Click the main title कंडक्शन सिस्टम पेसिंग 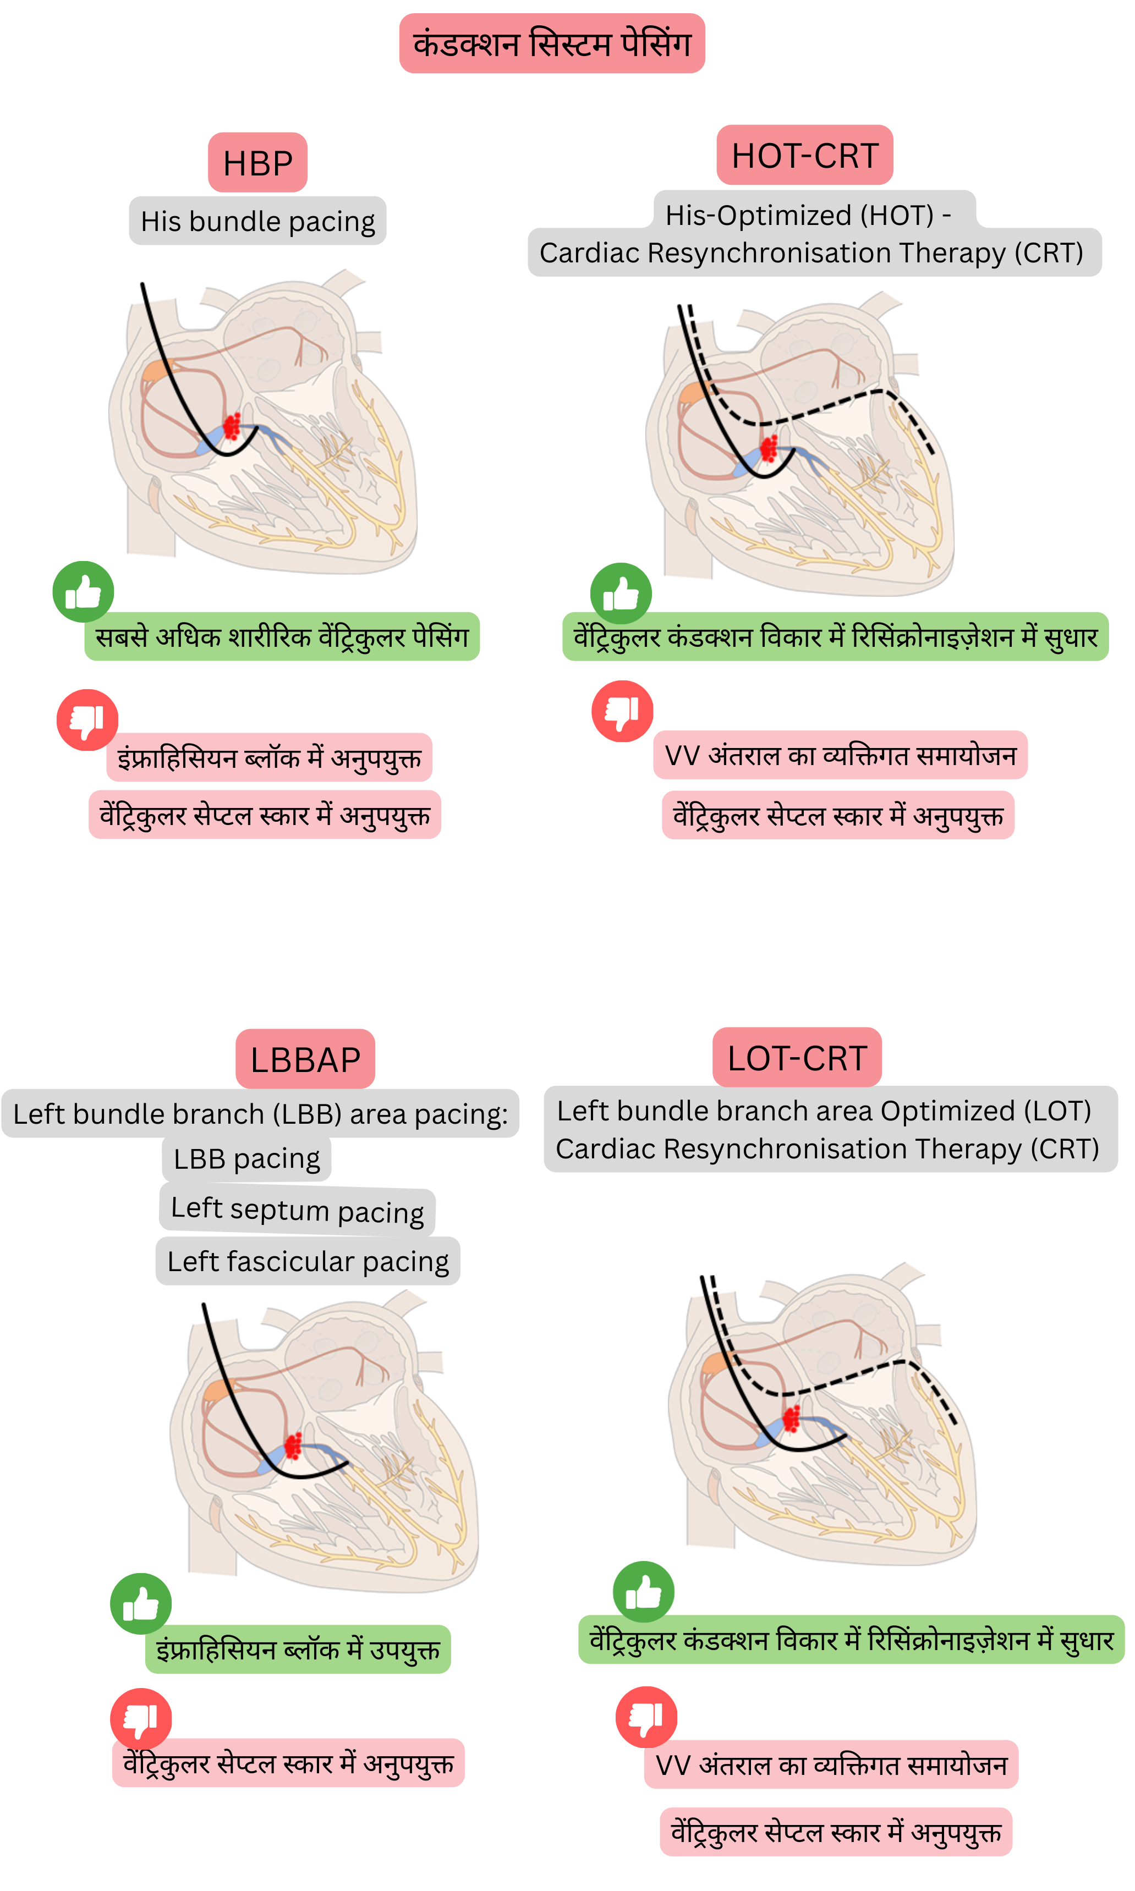tap(551, 43)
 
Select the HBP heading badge tap(257, 163)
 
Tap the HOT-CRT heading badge tap(804, 155)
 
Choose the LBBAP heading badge tap(305, 1059)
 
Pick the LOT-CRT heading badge tap(797, 1058)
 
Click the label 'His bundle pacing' tap(257, 221)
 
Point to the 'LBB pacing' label tap(246, 1158)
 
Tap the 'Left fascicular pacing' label tap(308, 1261)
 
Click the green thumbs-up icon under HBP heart tap(84, 591)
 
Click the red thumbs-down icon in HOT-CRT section tap(623, 711)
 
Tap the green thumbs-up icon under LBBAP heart tap(141, 1603)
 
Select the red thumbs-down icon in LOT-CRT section tap(646, 1717)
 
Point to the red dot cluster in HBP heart tap(232, 426)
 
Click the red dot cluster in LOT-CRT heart tap(792, 1419)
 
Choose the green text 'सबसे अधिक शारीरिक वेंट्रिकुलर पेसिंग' tap(282, 636)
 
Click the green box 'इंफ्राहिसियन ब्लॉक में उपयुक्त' tap(298, 1650)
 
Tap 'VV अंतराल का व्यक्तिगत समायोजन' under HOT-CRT tap(840, 755)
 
